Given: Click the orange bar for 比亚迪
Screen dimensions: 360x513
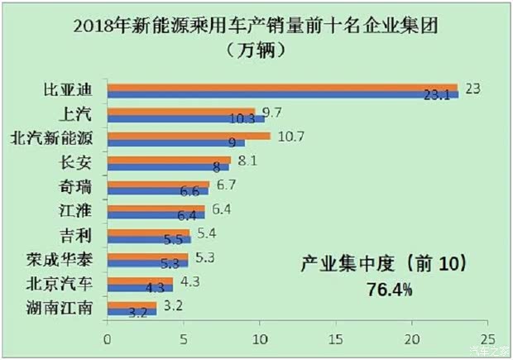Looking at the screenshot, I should [281, 87].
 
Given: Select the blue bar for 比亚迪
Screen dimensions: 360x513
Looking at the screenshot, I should [281, 94].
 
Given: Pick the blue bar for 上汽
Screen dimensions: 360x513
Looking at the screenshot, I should [185, 118].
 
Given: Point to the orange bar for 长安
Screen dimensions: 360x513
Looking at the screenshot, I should [169, 159].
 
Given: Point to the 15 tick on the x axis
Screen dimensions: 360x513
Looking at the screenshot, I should [335, 339].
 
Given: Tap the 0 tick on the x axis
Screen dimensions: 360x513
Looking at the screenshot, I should [107, 339].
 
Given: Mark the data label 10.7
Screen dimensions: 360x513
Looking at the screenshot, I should [291, 136].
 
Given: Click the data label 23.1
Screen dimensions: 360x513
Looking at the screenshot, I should [436, 96].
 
